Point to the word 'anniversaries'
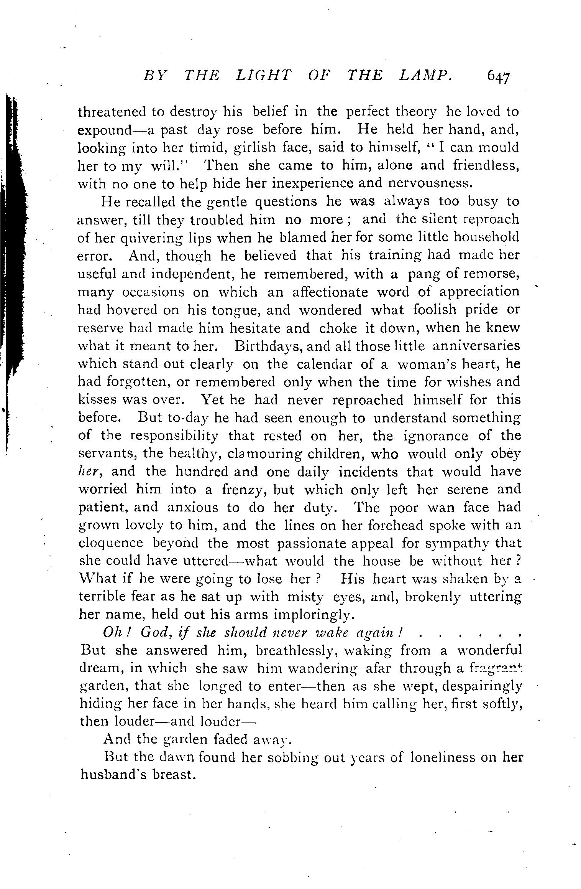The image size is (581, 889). tap(476, 346)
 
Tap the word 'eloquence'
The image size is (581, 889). tap(111, 544)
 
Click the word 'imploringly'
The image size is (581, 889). tap(312, 615)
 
